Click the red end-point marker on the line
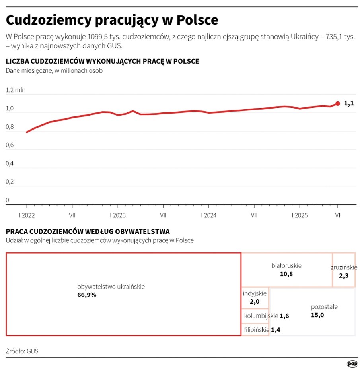pyautogui.click(x=338, y=103)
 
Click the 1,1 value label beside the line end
pyautogui.click(x=349, y=103)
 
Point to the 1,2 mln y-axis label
pyautogui.click(x=16, y=90)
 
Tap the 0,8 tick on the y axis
pyautogui.click(x=10, y=127)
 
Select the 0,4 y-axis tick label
pyautogui.click(x=10, y=163)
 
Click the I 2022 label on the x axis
pyautogui.click(x=26, y=215)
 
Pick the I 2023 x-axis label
pyautogui.click(x=117, y=215)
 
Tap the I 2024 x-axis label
pyautogui.click(x=208, y=215)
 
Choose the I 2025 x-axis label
pyautogui.click(x=300, y=215)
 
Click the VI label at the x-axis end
pyautogui.click(x=338, y=215)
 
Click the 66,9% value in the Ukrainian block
pyautogui.click(x=87, y=295)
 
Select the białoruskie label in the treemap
pyautogui.click(x=286, y=265)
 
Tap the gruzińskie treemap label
pyautogui.click(x=344, y=267)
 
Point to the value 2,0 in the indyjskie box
pyautogui.click(x=254, y=302)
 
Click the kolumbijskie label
pyautogui.click(x=261, y=316)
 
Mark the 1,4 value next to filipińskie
pyautogui.click(x=275, y=330)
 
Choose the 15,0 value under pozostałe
pyautogui.click(x=317, y=315)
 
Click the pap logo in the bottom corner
pyautogui.click(x=352, y=364)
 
